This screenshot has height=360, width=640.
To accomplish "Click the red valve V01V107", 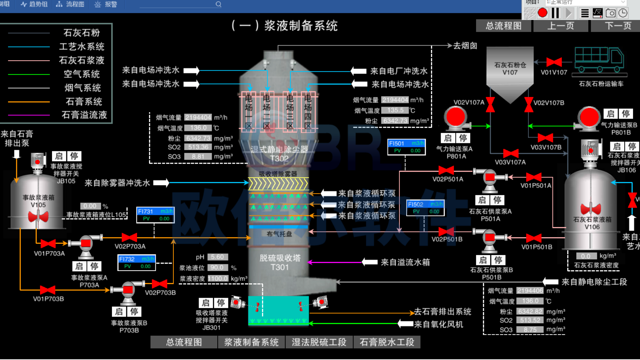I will pyautogui.click(x=554, y=62).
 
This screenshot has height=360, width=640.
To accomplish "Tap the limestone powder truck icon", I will pyautogui.click(x=599, y=59).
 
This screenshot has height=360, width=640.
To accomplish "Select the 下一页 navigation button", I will pyautogui.click(x=618, y=26).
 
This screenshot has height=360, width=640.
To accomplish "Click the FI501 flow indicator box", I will pyautogui.click(x=406, y=147).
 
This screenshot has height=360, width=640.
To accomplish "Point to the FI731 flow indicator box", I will pyautogui.click(x=155, y=215).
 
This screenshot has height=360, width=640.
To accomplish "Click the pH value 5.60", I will pyautogui.click(x=217, y=257).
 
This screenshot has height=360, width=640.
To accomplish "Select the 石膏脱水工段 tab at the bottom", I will pyautogui.click(x=387, y=342).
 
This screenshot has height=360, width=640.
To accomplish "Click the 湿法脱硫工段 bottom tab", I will pyautogui.click(x=319, y=342).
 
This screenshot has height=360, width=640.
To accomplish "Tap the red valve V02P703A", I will pyautogui.click(x=129, y=237).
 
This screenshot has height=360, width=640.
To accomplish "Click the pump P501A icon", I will pyautogui.click(x=490, y=178).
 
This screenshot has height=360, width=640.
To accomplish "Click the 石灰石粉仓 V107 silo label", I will pyautogui.click(x=510, y=69).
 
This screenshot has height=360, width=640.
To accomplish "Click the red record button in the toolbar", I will pyautogui.click(x=543, y=13).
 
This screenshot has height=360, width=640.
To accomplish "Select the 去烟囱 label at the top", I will pyautogui.click(x=465, y=46).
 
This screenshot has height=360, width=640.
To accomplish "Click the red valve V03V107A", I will pyautogui.click(x=511, y=153).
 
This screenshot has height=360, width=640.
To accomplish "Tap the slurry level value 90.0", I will pyautogui.click(x=217, y=268).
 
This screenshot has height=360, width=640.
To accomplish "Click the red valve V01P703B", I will pyautogui.click(x=47, y=290).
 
